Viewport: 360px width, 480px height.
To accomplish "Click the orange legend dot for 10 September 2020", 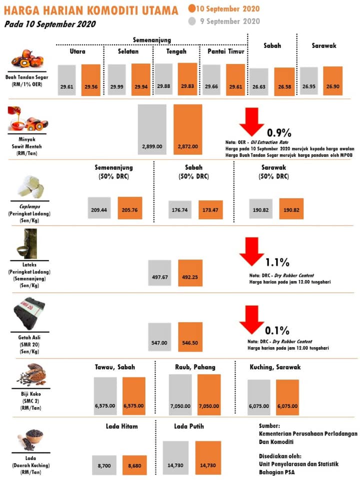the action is (192, 8).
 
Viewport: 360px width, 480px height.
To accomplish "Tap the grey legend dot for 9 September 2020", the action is (192, 21).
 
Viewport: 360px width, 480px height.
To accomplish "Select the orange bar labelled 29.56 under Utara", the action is (91, 80).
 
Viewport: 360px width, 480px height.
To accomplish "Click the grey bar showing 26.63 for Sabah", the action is (259, 81).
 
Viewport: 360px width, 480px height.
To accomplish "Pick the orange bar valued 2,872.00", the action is (187, 129).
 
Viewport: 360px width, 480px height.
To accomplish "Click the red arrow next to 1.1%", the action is (251, 251).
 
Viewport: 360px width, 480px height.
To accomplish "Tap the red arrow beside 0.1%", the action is (251, 319).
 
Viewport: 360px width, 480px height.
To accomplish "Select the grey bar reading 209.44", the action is (99, 208).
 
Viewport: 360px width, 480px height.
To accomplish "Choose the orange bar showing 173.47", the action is (210, 209).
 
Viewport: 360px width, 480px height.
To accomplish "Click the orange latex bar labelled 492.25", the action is (190, 273).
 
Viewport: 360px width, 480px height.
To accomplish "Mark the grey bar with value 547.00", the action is (159, 337).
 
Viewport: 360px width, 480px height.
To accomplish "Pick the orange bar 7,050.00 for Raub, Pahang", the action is (209, 394).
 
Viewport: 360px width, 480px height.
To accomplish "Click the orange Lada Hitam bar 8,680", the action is (134, 465).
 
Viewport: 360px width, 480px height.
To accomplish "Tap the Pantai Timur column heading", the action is (226, 51).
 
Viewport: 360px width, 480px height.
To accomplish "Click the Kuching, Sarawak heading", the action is (275, 367).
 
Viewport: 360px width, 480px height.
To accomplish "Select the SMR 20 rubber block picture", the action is (29, 313).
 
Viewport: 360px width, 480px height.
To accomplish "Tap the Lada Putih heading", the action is (189, 426).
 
